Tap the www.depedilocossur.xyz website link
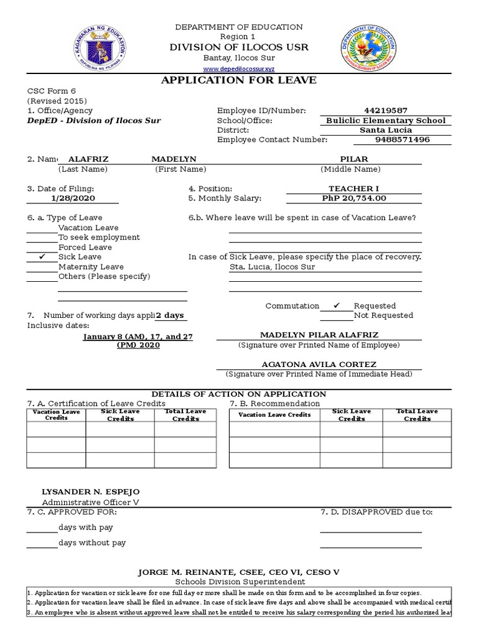(239, 68)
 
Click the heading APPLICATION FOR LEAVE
(239, 80)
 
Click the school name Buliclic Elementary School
(385, 120)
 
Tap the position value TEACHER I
(354, 188)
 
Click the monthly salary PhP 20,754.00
(354, 198)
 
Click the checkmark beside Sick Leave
(42, 256)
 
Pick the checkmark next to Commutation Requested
(336, 305)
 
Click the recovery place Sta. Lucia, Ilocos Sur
(272, 267)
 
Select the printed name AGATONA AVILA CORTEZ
(318, 364)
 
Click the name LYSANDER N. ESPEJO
(82, 491)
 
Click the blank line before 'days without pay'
(42, 547)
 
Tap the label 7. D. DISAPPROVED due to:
(376, 512)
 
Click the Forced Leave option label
(85, 247)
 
